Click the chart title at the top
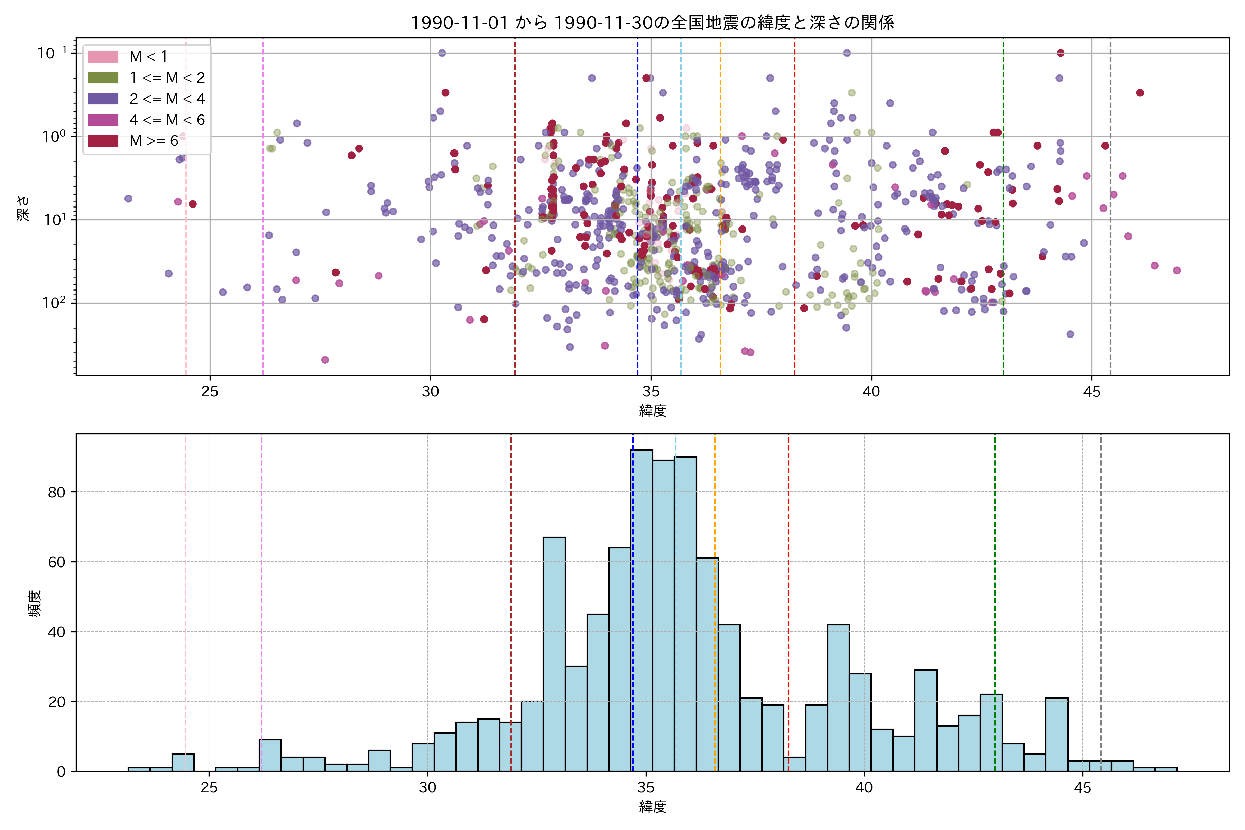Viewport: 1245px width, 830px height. click(x=652, y=22)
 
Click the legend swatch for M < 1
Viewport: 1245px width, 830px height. click(x=103, y=56)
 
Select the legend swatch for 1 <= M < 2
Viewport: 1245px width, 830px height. click(x=103, y=77)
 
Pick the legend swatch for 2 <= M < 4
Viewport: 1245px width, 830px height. click(x=103, y=99)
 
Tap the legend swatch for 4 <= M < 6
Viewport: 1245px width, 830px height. click(x=103, y=120)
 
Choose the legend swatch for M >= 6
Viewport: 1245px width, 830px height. click(x=103, y=140)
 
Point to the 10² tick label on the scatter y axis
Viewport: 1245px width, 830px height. click(x=55, y=303)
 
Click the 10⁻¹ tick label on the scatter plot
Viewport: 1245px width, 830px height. click(x=52, y=53)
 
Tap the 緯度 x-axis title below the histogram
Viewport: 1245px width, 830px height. click(x=652, y=807)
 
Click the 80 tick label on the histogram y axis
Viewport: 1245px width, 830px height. click(x=57, y=492)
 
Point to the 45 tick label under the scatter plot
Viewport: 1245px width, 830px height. click(x=1091, y=392)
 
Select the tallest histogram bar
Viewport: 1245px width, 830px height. click(x=642, y=609)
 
